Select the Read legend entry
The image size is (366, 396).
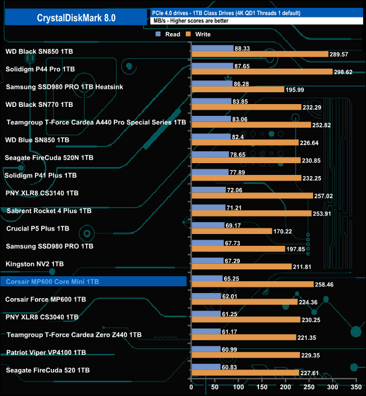169,34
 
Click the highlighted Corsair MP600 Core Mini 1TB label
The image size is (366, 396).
52,281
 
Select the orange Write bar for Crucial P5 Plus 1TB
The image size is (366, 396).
231,231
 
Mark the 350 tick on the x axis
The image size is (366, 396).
355,388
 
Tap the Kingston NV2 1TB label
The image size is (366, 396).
34,264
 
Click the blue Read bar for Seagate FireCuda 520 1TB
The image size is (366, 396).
206,367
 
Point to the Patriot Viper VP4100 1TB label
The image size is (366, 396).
46,352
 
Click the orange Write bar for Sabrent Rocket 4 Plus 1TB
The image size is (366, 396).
251,214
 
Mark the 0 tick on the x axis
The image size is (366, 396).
191,388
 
